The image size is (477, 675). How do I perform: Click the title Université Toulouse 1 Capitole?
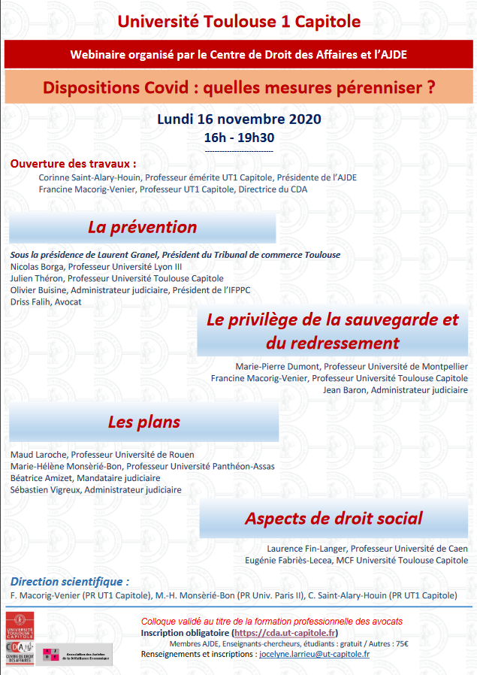(x=238, y=21)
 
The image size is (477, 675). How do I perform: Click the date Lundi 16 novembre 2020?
(x=238, y=119)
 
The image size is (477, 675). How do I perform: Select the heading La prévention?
(x=142, y=227)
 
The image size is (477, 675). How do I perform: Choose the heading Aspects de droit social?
(x=334, y=518)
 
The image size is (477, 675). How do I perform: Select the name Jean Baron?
(x=345, y=390)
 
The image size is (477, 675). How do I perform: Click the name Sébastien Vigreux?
(x=46, y=489)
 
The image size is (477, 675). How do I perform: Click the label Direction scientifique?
(x=70, y=582)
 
